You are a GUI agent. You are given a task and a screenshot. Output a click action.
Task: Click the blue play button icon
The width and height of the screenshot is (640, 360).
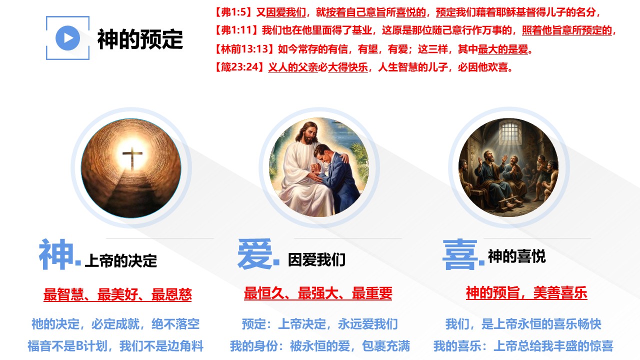click(67, 38)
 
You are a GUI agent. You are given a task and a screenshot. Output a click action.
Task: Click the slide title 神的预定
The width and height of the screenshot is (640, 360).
click(140, 39)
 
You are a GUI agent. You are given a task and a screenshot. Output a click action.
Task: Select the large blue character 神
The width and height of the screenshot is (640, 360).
click(56, 254)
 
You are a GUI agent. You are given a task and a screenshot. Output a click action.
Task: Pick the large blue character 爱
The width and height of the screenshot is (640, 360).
click(255, 254)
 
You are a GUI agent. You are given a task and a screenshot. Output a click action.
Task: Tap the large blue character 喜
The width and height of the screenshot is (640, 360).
click(460, 254)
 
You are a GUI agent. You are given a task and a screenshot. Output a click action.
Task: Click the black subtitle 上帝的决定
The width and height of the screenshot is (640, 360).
click(121, 260)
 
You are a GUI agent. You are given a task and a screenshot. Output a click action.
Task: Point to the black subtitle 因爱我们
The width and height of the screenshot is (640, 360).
click(317, 259)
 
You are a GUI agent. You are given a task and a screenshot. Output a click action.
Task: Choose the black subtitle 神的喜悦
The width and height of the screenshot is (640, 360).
click(517, 256)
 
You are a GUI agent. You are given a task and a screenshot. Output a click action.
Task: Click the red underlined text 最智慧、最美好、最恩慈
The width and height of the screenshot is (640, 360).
click(117, 294)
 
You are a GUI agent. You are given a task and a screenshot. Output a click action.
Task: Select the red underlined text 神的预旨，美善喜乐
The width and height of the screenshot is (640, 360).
click(526, 293)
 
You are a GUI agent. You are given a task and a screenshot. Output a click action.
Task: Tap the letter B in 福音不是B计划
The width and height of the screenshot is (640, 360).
click(79, 346)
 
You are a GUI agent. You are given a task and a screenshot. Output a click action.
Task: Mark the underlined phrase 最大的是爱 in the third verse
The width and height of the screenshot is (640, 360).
click(503, 49)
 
